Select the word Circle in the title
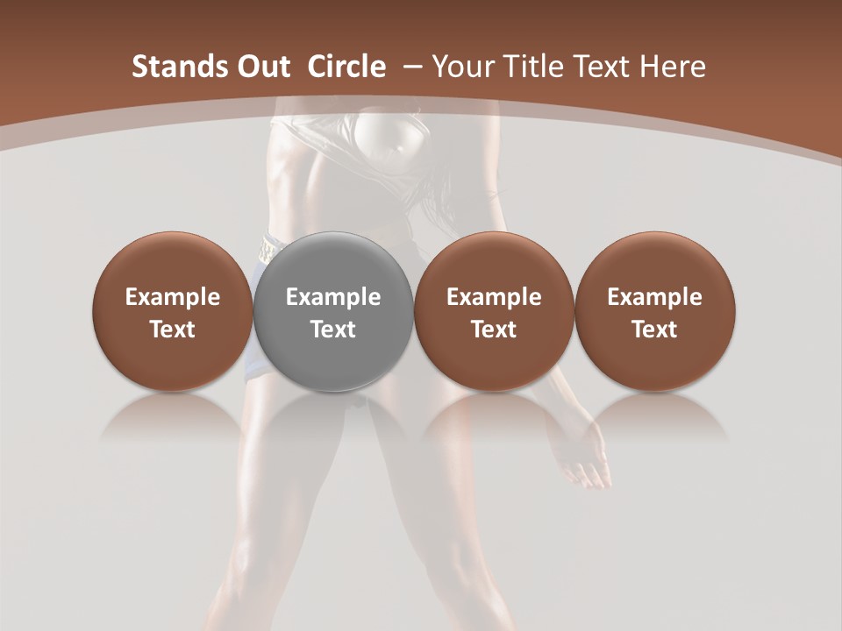point(346,67)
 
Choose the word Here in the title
point(674,67)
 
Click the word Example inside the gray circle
point(333,297)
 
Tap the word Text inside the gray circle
point(333,330)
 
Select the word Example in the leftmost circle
point(173,297)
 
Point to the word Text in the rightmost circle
point(654,330)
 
